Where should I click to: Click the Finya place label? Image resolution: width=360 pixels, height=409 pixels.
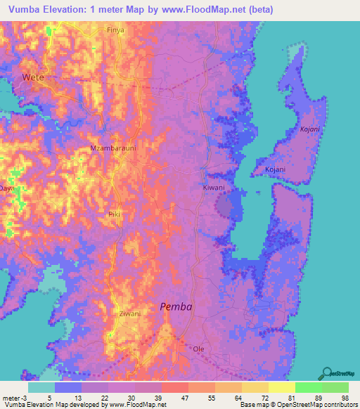pyautogui.click(x=115, y=30)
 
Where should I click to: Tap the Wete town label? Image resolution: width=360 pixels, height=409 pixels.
pyautogui.click(x=33, y=77)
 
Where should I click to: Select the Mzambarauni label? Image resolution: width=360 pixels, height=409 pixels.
pyautogui.click(x=109, y=149)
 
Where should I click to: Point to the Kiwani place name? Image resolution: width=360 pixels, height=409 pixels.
pyautogui.click(x=214, y=188)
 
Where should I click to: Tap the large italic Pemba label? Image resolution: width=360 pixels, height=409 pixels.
pyautogui.click(x=176, y=306)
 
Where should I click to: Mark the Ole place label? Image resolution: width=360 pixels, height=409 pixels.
pyautogui.click(x=199, y=349)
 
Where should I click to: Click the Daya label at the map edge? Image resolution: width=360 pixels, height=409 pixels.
pyautogui.click(x=6, y=188)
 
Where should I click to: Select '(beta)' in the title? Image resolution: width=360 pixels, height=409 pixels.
pyautogui.click(x=257, y=10)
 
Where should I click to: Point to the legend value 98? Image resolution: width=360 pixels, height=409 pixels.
pyautogui.click(x=344, y=396)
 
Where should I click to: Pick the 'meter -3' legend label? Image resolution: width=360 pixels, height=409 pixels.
pyautogui.click(x=13, y=396)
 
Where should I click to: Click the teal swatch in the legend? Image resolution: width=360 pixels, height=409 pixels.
pyautogui.click(x=41, y=387)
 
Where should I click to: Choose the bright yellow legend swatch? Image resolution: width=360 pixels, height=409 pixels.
pyautogui.click(x=281, y=387)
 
